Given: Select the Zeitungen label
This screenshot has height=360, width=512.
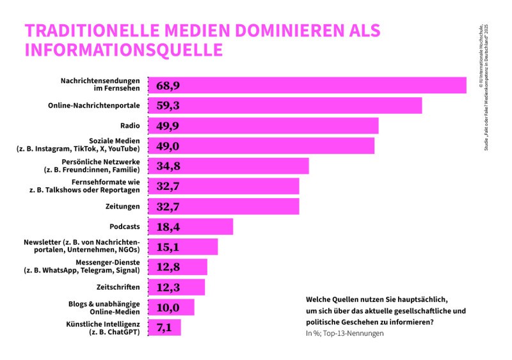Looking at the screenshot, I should coord(122,207).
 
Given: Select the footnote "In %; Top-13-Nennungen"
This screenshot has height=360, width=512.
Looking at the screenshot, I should coord(345,334).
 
